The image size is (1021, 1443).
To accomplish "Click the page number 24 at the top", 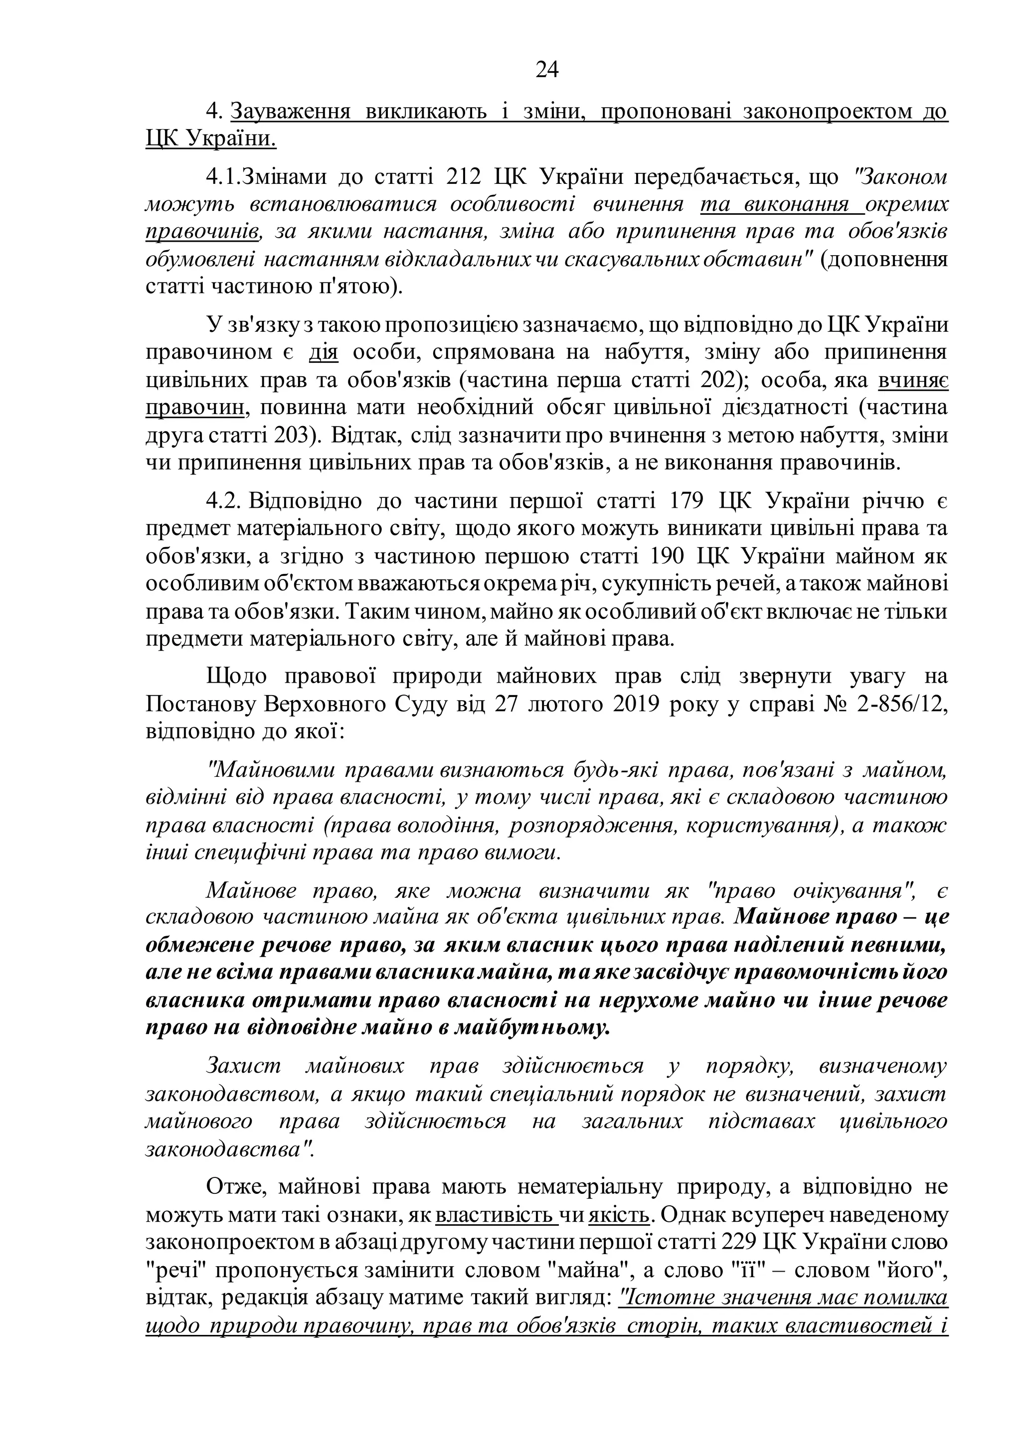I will (x=547, y=70).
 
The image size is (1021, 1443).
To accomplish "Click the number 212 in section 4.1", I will (x=463, y=177).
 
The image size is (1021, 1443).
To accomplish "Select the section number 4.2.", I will (x=224, y=502).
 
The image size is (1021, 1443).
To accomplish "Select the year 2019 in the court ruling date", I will (x=621, y=705).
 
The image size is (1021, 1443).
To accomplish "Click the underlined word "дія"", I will (x=323, y=353).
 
